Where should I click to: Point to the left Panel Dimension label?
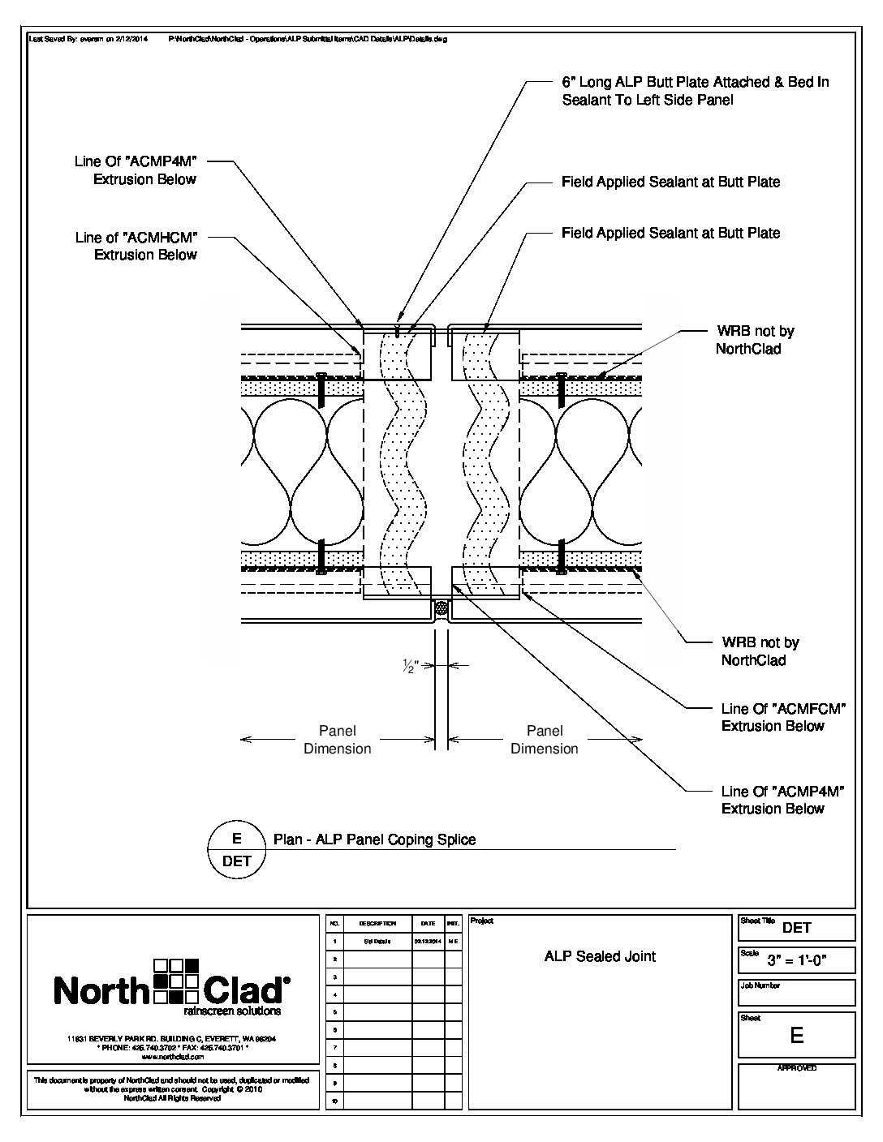337,740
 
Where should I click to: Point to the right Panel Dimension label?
544,740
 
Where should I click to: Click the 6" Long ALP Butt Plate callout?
695,91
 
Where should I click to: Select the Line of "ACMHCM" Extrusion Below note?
136,246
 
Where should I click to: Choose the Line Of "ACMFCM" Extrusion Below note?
783,717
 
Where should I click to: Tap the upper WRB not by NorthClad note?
754,340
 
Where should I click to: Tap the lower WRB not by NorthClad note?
760,651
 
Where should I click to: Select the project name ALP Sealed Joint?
600,956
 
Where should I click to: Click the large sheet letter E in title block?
796,1035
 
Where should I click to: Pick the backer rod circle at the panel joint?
441,607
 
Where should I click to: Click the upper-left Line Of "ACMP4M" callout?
136,170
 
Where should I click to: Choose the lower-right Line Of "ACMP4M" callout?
782,800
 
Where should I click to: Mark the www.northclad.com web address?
171,1057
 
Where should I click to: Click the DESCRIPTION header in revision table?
377,924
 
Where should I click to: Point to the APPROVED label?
796,1068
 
